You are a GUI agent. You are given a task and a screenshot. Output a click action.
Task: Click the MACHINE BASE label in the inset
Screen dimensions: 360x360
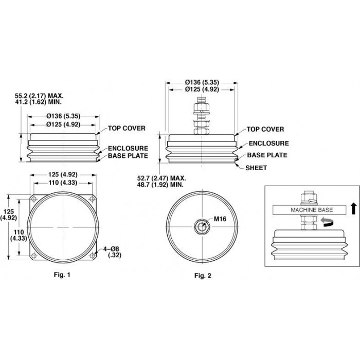pos(312,210)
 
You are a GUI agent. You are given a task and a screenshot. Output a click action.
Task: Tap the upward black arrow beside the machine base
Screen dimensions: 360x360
pos(354,209)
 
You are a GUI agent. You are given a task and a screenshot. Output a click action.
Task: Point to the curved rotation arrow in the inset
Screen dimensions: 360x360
pos(328,222)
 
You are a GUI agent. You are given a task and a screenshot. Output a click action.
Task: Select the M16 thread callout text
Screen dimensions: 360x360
pos(220,219)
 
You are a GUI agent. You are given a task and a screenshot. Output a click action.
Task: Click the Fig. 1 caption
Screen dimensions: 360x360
pos(62,275)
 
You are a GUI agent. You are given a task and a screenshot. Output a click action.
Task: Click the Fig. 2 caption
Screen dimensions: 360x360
pos(203,276)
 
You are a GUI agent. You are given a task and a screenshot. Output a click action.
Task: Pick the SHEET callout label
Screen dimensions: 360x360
pos(256,168)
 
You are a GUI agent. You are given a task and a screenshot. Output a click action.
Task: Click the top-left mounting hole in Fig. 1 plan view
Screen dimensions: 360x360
pos(34,199)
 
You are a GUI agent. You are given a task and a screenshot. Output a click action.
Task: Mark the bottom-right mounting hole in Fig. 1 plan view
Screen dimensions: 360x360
pos(92,256)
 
